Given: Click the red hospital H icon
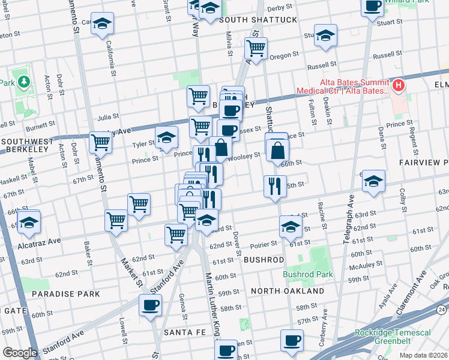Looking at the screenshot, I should click(x=397, y=87).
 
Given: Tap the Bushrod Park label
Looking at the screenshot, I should click(x=308, y=274).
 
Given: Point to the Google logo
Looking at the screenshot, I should click(x=20, y=352).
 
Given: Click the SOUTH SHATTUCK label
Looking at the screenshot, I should click(x=258, y=20).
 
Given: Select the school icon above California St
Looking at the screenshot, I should click(x=103, y=25).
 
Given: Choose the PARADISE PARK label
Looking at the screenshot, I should click(x=66, y=294).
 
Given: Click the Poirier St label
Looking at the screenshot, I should click(x=264, y=244).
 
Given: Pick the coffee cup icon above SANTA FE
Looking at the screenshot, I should click(x=150, y=304).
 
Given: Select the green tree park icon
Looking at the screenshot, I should click(x=23, y=81).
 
